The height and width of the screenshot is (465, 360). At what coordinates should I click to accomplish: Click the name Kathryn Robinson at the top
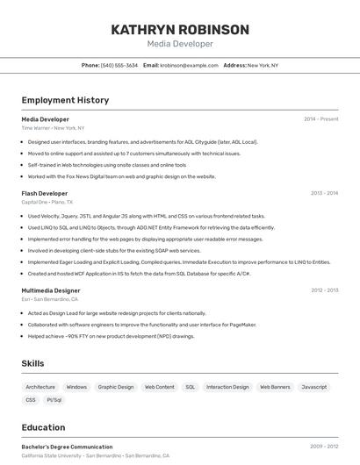point(180,30)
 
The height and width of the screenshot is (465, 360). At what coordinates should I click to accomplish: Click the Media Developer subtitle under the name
point(180,44)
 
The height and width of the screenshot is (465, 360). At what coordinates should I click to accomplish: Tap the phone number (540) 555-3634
point(119,65)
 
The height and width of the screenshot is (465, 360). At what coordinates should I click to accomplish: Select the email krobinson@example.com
point(189,65)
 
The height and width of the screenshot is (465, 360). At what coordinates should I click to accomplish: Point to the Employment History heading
point(65,100)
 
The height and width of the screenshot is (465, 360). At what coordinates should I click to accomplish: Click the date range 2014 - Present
point(321,118)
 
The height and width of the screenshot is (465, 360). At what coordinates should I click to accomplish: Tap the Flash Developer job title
point(45,193)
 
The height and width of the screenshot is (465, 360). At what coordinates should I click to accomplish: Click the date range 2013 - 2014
point(324,193)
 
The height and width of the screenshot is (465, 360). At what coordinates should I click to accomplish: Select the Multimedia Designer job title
point(51,290)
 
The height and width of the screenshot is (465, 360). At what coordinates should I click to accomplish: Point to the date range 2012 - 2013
point(324,290)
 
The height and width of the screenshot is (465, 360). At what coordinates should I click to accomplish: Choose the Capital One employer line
point(47,202)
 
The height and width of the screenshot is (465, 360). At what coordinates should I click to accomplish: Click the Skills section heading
point(33,363)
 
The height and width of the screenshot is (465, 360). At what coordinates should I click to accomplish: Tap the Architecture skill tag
point(40,387)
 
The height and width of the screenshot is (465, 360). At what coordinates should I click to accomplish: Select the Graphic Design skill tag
point(116,387)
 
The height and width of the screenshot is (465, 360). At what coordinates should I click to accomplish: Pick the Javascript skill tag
point(313,387)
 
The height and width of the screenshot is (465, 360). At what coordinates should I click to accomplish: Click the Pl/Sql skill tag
point(54,400)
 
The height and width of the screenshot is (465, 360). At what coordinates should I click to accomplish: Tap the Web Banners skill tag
point(275,387)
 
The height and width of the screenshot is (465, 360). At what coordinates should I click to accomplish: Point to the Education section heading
point(43,428)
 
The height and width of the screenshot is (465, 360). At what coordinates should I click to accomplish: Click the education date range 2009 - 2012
point(324,447)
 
